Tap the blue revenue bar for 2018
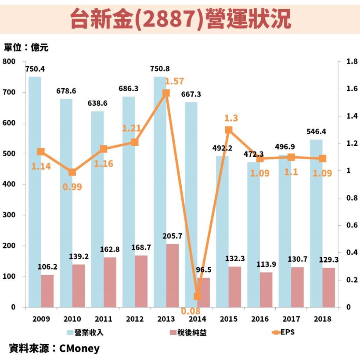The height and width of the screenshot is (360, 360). [x=316, y=223]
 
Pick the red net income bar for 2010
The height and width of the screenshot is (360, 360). [x=79, y=285]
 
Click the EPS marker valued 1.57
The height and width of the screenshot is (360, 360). [x=166, y=93]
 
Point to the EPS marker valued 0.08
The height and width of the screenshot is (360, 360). [x=197, y=296]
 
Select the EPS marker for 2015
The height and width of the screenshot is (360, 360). [x=229, y=130]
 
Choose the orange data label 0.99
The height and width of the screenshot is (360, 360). [x=72, y=186]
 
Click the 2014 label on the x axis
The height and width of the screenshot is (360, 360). [x=197, y=319]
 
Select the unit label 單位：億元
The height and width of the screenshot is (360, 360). [x=26, y=48]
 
